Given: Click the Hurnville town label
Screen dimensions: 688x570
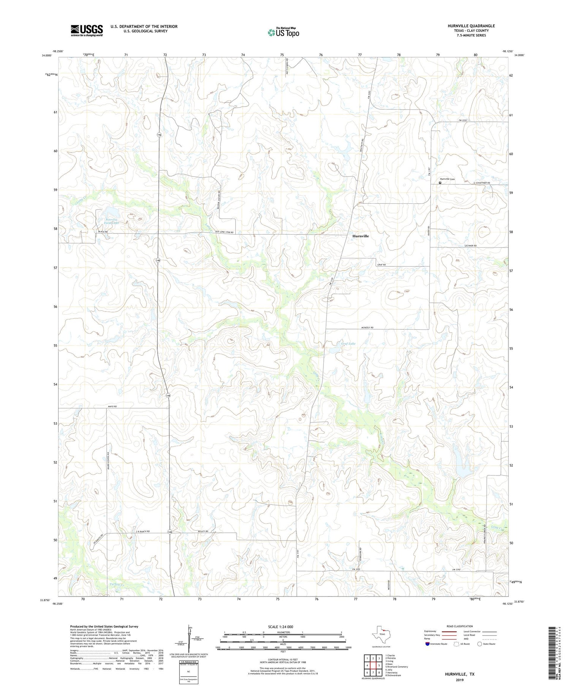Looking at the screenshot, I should [360, 236].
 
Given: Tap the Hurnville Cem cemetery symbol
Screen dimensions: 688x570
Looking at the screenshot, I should [440, 183].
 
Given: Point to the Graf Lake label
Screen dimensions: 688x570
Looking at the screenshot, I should [348, 344].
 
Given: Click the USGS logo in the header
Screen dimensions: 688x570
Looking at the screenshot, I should [87, 30].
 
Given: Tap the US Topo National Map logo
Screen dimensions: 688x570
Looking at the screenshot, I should [283, 32].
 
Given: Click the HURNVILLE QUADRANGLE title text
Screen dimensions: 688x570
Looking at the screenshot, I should [471, 26].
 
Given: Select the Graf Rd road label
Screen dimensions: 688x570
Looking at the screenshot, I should [381, 264].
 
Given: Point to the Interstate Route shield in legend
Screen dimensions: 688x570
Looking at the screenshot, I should [428, 644].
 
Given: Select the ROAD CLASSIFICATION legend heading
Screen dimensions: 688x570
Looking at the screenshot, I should [459, 626].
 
